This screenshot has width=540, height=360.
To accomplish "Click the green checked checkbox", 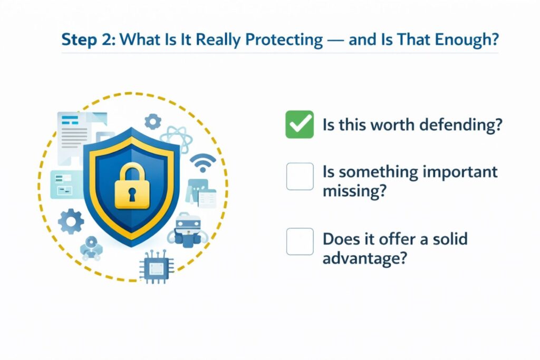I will click(300, 124).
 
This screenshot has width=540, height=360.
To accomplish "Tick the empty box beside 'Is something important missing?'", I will click(300, 176).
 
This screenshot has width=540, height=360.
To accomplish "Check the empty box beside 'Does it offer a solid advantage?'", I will click(300, 241).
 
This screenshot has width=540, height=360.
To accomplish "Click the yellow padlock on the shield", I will click(132, 185).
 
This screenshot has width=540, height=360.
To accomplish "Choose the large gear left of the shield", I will click(71, 221).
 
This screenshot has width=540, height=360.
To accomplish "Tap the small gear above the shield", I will click(153, 122).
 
